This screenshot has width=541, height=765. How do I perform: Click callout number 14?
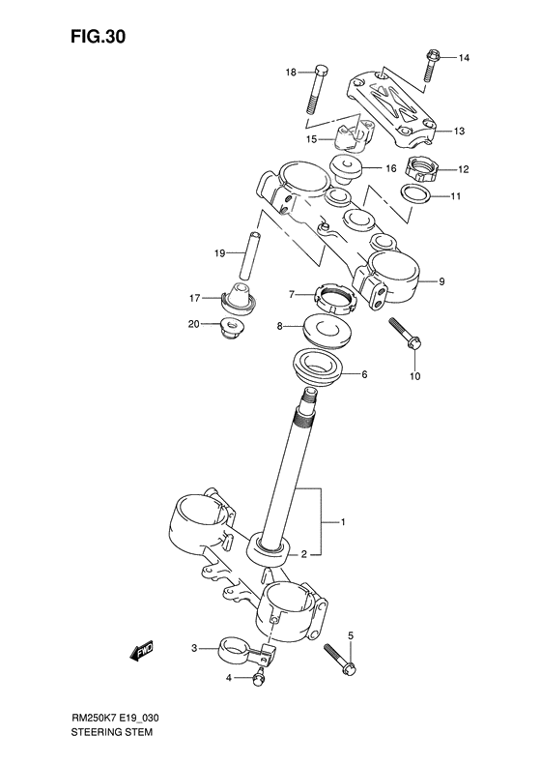click(464, 59)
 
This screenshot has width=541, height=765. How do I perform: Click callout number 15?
click(312, 139)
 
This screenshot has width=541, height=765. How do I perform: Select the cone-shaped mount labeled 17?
click(240, 299)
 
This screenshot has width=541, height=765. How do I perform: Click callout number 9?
click(441, 282)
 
